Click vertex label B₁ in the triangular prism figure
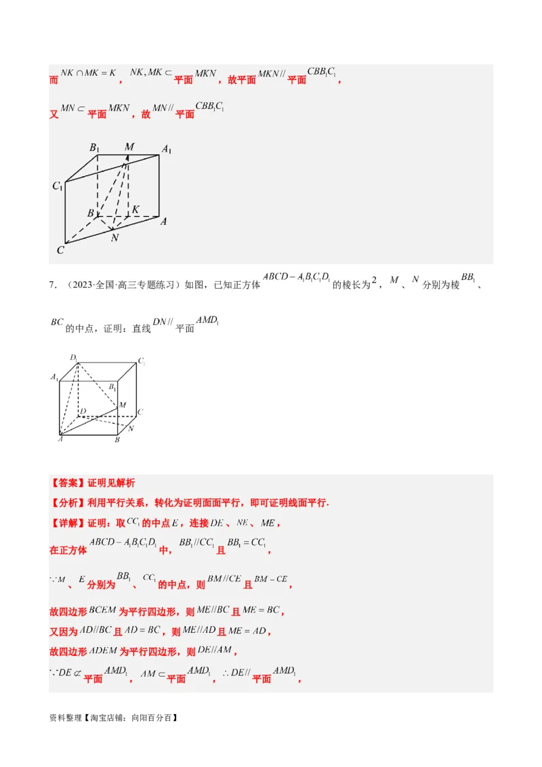click(x=94, y=148)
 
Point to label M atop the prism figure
click(x=129, y=146)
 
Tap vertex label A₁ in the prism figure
click(x=165, y=149)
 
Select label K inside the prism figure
click(x=135, y=209)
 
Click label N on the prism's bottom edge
click(x=114, y=238)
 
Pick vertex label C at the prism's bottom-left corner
click(x=60, y=250)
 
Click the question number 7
click(x=53, y=285)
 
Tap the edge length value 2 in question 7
click(x=373, y=284)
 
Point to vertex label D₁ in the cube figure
click(x=73, y=357)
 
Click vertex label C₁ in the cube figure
click(x=142, y=362)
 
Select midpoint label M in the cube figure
click(x=123, y=405)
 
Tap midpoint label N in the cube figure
click(x=130, y=429)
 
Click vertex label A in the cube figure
click(x=60, y=439)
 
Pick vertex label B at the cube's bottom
click(x=117, y=440)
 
